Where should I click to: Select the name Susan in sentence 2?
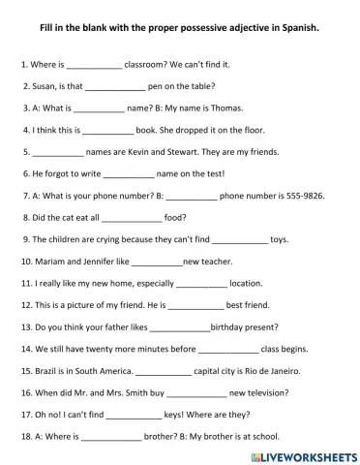point(45,85)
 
